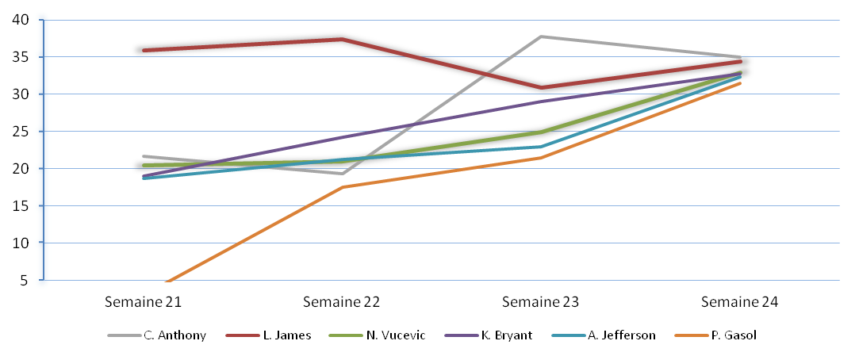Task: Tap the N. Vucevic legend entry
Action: tap(394, 335)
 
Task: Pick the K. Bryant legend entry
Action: tap(506, 335)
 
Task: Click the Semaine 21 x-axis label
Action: tap(144, 302)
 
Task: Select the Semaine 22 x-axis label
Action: tap(342, 302)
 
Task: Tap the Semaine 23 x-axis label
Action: tap(541, 302)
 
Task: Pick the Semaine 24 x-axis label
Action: tap(740, 302)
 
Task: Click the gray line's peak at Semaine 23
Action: tap(541, 36)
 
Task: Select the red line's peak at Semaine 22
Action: tap(342, 39)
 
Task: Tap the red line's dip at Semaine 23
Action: tap(541, 87)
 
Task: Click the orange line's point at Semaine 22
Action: tap(342, 187)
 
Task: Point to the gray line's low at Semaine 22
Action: tap(342, 174)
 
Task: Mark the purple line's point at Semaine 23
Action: tap(541, 101)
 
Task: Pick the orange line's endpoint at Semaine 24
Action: tap(740, 83)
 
